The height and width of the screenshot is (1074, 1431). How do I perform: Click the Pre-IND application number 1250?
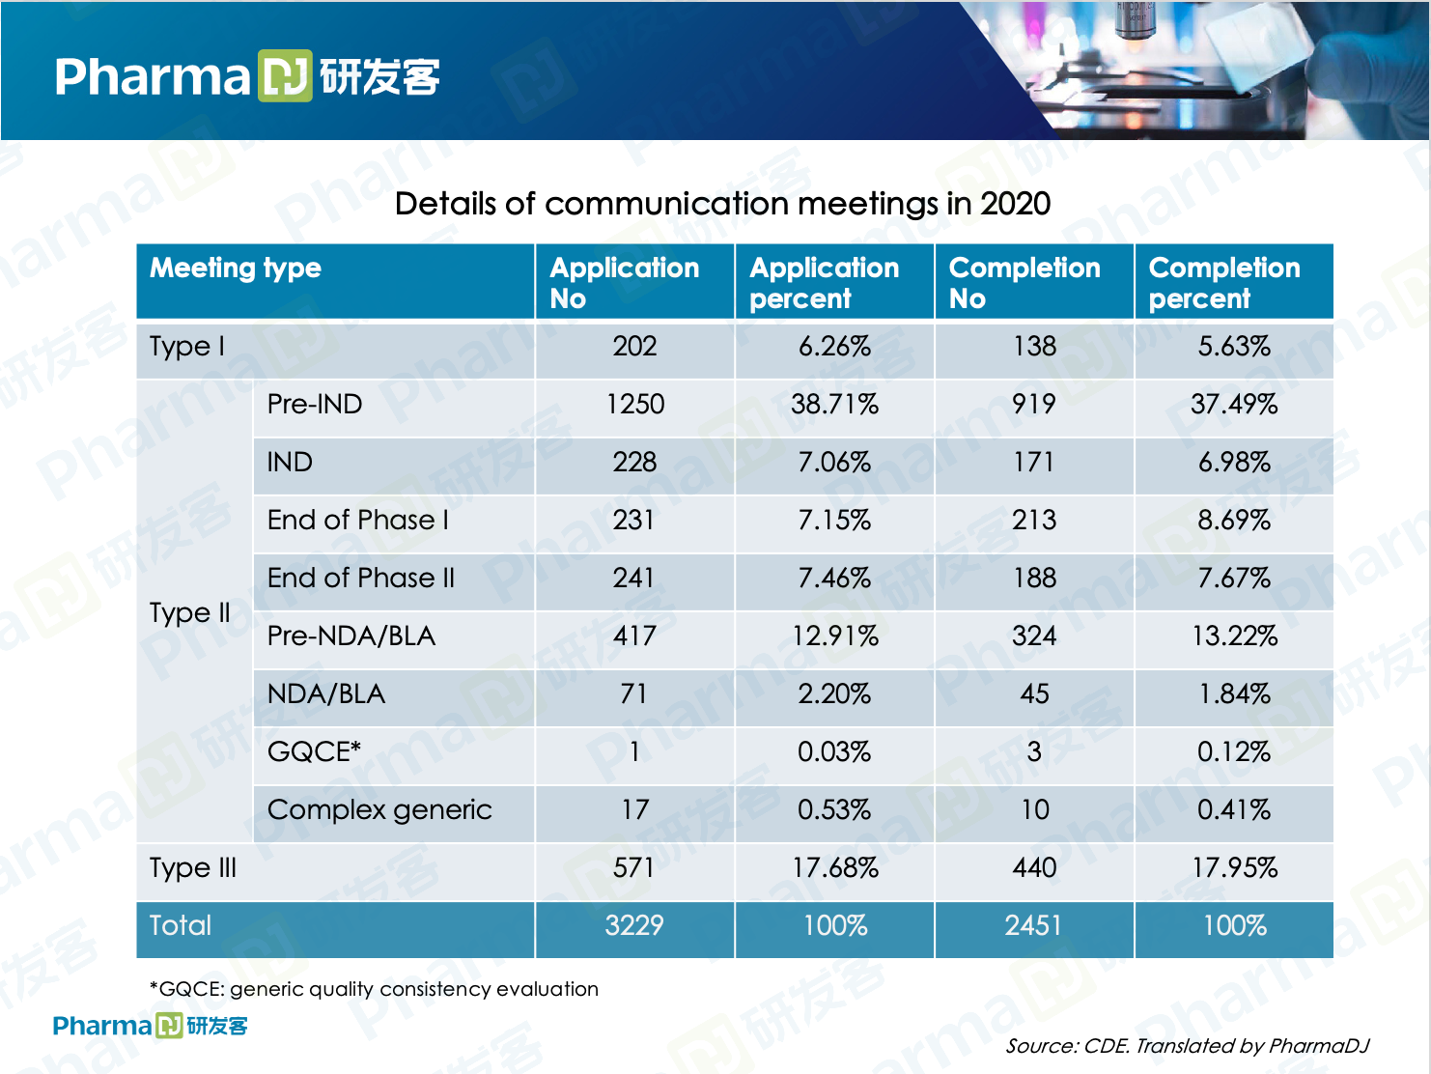634,404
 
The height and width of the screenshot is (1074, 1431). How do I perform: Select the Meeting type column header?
236,268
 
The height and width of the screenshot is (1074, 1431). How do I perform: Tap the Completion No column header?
1024,282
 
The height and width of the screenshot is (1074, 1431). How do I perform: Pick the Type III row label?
193,867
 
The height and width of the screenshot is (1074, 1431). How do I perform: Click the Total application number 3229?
634,925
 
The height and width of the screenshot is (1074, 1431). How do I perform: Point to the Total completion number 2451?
1033,925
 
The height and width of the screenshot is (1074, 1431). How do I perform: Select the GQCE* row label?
314,751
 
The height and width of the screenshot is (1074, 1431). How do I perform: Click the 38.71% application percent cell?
834,404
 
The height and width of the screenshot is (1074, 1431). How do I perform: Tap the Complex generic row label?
379,809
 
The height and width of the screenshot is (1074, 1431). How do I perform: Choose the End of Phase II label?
361,578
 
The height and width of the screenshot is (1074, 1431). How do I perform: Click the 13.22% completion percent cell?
1234,636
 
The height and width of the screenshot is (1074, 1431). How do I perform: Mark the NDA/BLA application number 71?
634,693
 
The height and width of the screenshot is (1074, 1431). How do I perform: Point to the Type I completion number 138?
1034,346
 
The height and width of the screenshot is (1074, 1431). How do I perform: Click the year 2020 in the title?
1015,204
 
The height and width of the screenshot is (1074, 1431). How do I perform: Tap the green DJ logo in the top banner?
285,75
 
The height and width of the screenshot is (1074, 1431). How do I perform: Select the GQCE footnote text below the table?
374,989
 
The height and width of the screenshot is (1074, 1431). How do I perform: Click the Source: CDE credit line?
1187,1046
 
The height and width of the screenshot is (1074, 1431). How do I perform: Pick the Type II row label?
190,612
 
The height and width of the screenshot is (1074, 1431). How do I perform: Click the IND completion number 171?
1033,462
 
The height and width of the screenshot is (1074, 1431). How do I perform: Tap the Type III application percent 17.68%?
834,867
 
